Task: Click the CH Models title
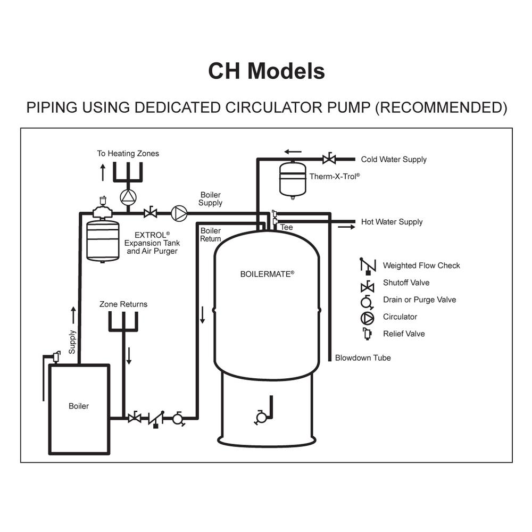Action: [x=266, y=71]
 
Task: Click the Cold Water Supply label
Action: [x=394, y=160]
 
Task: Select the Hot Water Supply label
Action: [x=392, y=222]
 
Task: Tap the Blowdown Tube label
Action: [x=363, y=358]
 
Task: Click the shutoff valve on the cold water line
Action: [x=329, y=159]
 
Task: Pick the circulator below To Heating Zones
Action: [x=128, y=197]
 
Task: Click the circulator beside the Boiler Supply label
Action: [x=179, y=213]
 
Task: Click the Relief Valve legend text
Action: [x=404, y=334]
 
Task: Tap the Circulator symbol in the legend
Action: [x=367, y=317]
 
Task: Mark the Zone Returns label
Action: [x=123, y=304]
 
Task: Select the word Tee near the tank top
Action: [x=287, y=227]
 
